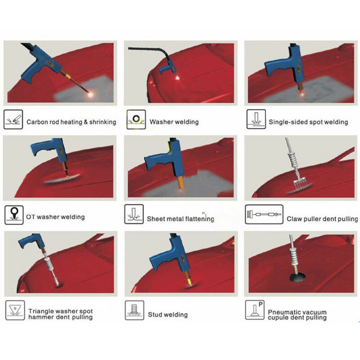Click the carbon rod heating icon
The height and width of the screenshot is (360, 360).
(13, 119)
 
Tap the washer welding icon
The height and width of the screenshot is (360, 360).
(136, 119)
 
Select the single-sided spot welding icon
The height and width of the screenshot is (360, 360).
(256, 119)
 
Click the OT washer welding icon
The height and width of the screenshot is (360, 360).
(14, 215)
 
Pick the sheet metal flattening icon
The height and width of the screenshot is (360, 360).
(134, 214)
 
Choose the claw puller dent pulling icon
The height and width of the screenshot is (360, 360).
(264, 215)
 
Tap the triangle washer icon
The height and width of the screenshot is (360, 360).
(15, 310)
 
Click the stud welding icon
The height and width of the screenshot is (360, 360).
(135, 310)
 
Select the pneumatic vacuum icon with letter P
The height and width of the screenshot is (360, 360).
(255, 310)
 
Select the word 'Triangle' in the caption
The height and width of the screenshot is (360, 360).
(41, 311)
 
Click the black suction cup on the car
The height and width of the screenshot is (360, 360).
(298, 277)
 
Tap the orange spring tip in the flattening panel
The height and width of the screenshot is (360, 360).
(181, 183)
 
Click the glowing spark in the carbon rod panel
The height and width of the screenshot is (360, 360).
(91, 94)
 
